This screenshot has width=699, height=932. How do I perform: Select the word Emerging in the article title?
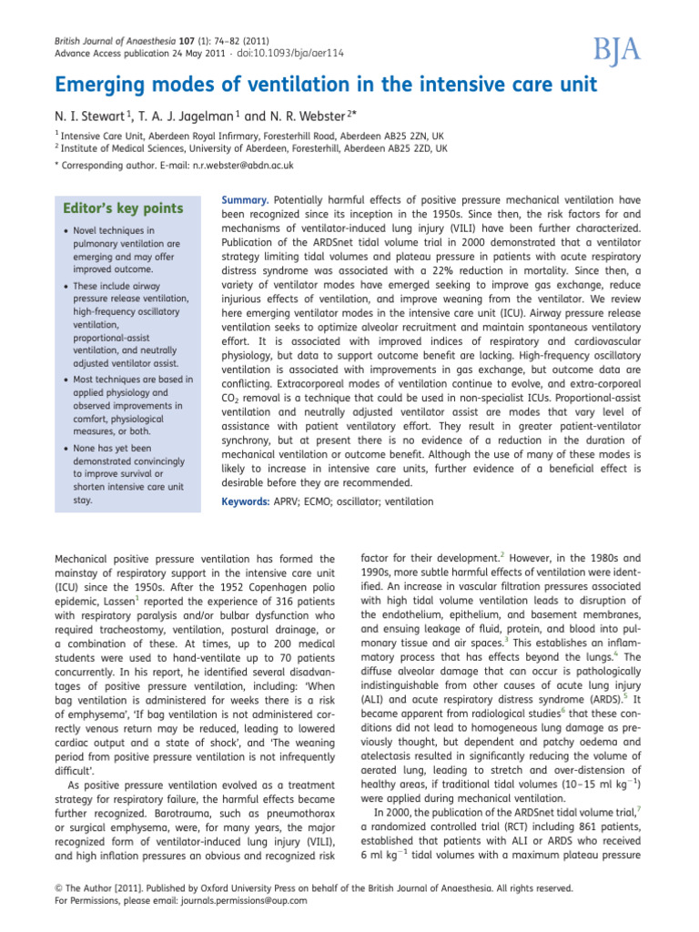104,86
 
